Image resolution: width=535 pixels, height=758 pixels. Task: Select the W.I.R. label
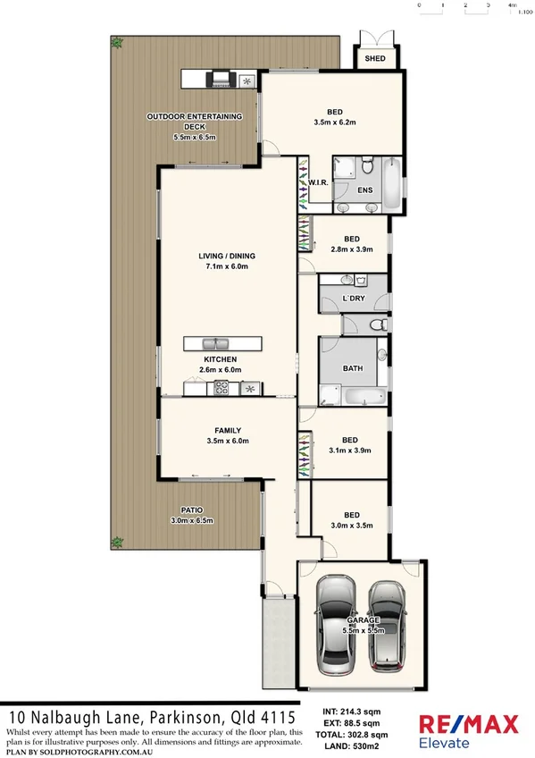pyautogui.click(x=320, y=182)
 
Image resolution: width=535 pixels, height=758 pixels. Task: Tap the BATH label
pyautogui.click(x=353, y=367)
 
